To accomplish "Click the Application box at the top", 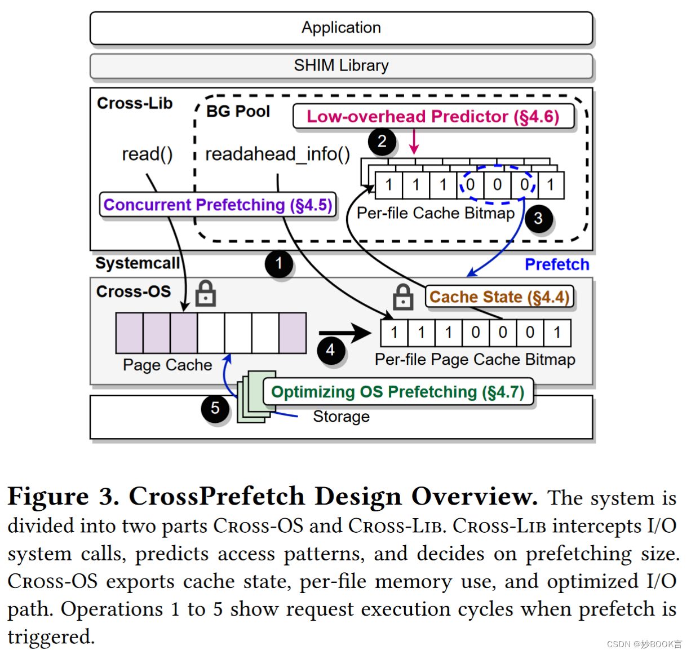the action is (x=340, y=28).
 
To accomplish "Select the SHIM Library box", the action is (x=340, y=66).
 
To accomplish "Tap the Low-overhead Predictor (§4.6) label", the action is (x=433, y=116).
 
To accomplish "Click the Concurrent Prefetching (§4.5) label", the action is (x=217, y=204).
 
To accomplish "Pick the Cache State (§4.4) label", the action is (x=499, y=297).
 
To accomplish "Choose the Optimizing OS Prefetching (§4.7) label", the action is (x=397, y=391).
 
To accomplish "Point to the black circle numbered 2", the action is (x=382, y=142).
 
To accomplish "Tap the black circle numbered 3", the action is (x=538, y=218).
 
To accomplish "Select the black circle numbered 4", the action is (x=330, y=350).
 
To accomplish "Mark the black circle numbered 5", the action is (x=215, y=408).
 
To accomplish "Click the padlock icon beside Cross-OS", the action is (x=205, y=293).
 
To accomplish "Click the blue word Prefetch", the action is (x=556, y=264).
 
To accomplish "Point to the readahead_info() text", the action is (x=277, y=154).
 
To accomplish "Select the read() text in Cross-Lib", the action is (x=147, y=154).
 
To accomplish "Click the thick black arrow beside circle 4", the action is (x=345, y=332).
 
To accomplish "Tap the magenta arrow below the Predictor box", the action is (x=414, y=142).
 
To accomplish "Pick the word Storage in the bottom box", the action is (x=341, y=416).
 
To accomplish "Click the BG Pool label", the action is (x=238, y=111).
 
